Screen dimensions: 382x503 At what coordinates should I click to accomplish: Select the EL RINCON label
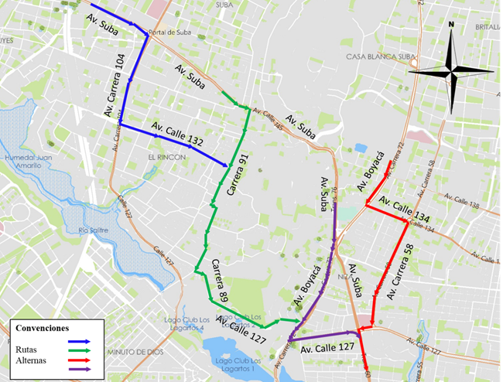pos(164,155)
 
